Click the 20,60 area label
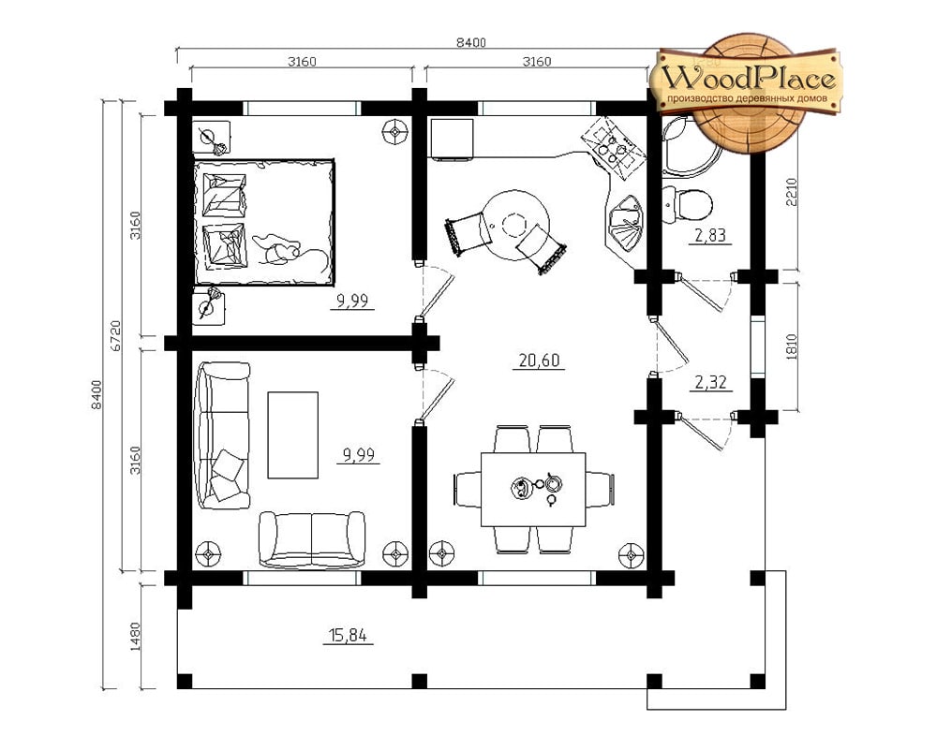coord(539,360)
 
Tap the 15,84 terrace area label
coord(348,636)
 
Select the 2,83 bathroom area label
coord(710,235)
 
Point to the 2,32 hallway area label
coord(710,382)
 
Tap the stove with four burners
coord(615,148)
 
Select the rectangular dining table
coord(534,490)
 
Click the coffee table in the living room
coord(292,434)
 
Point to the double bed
coord(263,222)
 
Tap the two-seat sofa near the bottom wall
coord(311,539)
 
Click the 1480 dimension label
coord(134,637)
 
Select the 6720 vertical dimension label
coord(116,335)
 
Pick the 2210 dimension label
coord(792,192)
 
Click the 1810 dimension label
coord(792,346)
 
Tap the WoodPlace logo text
coord(748,79)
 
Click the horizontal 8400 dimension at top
coord(471,42)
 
